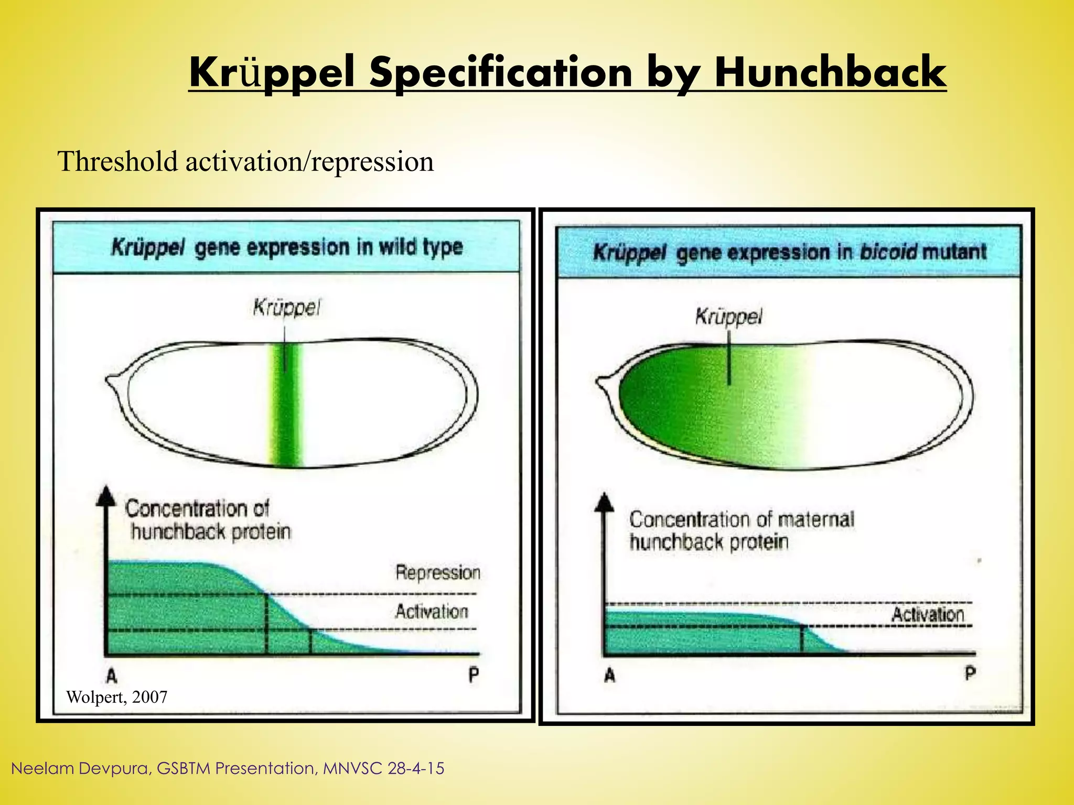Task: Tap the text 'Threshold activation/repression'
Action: point(245,161)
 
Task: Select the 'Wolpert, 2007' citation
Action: point(116,697)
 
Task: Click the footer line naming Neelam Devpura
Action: point(228,768)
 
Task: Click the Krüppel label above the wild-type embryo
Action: point(286,308)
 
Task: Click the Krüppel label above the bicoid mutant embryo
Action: point(728,317)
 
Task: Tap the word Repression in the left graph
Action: point(438,572)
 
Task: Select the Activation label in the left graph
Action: point(432,612)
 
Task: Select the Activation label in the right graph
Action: point(928,614)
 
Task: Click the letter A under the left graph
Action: point(112,677)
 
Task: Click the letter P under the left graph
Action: point(474,675)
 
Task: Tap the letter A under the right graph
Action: point(609,676)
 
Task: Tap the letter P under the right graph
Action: point(970,673)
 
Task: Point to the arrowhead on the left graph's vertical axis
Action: point(106,495)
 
